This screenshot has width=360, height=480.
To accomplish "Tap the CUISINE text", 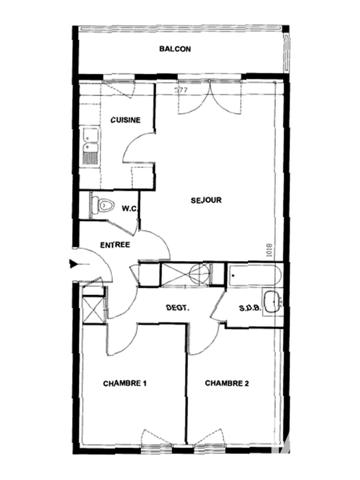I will (125, 121).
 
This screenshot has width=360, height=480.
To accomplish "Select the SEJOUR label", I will (206, 201).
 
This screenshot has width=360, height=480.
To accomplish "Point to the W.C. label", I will (129, 209).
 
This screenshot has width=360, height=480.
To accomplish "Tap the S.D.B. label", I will (249, 309).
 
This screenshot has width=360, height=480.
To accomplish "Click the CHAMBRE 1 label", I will (125, 384).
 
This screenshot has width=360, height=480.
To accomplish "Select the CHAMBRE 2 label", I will (226, 384).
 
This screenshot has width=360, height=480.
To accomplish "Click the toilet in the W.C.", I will (98, 205).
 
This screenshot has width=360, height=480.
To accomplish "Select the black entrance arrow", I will (72, 264).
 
